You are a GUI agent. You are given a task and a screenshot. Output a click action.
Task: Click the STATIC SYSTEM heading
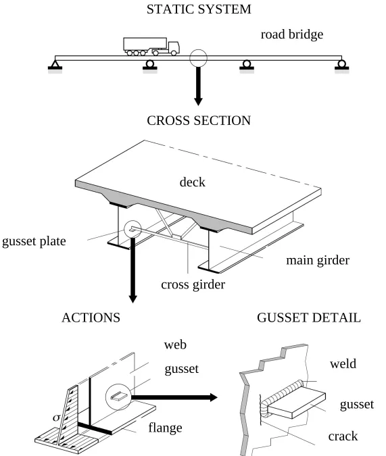pos(198,10)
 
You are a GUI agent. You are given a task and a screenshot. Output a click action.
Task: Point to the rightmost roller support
pos(343,66)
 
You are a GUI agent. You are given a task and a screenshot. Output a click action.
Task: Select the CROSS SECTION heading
pos(198,121)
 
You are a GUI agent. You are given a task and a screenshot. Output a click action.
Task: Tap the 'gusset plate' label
pos(34,241)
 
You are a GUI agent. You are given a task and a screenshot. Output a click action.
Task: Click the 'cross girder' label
pos(193,284)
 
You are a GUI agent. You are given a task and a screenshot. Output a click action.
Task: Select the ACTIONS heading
pos(91,318)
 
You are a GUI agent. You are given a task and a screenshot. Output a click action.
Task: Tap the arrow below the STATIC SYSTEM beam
pos(198,86)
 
